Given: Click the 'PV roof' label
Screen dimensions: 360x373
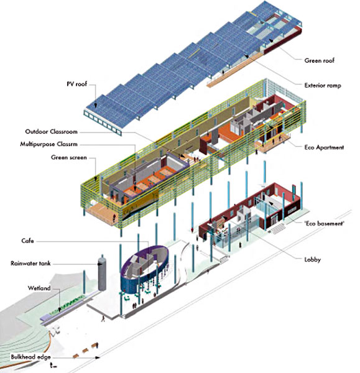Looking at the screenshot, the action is [x=76, y=84].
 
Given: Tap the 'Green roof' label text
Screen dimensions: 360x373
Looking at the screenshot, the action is [x=319, y=60].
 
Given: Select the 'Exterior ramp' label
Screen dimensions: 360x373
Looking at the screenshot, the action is [x=323, y=85].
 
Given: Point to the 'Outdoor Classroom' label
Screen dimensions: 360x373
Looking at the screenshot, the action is [x=52, y=132].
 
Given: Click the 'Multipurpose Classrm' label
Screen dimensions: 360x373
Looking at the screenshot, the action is [x=48, y=144].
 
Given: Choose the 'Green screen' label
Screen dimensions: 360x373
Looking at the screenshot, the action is [x=69, y=157].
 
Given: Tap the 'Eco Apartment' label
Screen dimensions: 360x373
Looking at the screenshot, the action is [x=324, y=147].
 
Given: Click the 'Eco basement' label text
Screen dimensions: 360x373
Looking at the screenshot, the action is [x=324, y=223].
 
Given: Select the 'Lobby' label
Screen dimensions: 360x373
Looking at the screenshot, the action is [x=312, y=259].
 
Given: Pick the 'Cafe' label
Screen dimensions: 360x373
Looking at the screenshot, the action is [x=27, y=241].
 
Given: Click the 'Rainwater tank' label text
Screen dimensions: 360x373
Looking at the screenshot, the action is [x=30, y=264].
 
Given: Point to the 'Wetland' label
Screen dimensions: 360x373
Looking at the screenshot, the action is [x=39, y=288].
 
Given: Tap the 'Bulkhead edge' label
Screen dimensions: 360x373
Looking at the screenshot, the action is [x=30, y=357].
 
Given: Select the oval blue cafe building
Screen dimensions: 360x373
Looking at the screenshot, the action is [x=144, y=269].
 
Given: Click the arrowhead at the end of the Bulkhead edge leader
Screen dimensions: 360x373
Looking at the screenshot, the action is [x=98, y=357].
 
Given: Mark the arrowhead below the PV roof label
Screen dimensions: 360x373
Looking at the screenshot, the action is [x=95, y=106].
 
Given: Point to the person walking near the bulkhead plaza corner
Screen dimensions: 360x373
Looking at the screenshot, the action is [x=103, y=318].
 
